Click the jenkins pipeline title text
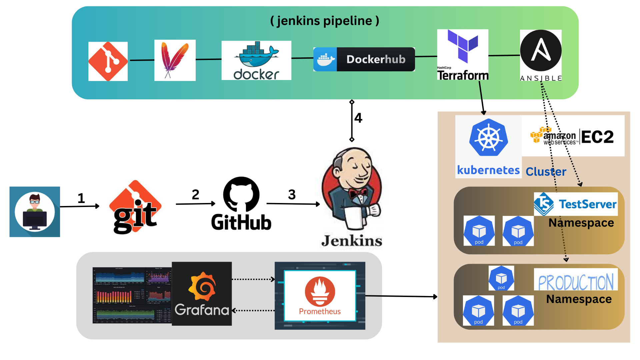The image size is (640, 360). click(324, 21)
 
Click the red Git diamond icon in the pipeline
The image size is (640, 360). click(108, 61)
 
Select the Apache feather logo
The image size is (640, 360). click(175, 60)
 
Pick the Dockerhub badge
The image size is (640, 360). click(364, 59)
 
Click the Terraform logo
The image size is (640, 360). click(463, 55)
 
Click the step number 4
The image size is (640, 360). click(358, 118)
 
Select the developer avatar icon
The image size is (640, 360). click(35, 212)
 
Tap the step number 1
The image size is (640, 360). click(81, 198)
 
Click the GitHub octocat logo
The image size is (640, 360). click(241, 195)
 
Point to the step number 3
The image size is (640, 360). click(292, 195)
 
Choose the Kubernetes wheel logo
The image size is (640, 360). click(488, 137)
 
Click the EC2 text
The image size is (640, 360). click(597, 137)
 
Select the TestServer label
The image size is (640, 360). click(587, 204)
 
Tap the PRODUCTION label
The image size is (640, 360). click(576, 282)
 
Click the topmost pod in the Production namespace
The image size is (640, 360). click(501, 278)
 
